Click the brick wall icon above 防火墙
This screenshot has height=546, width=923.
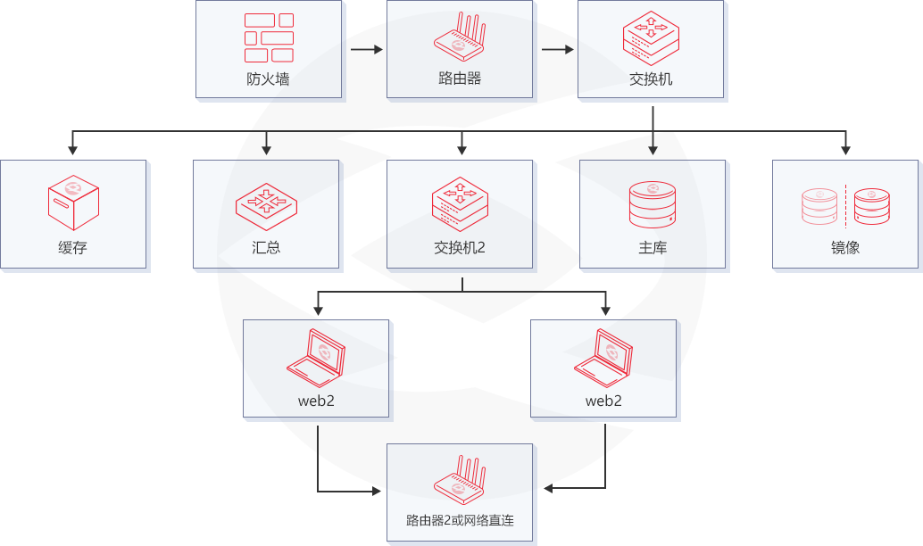[269, 37]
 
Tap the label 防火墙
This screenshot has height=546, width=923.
[268, 79]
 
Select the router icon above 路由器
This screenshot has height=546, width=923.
[461, 36]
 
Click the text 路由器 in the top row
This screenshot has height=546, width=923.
[460, 78]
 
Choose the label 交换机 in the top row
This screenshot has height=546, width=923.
[651, 79]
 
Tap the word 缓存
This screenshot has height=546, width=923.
[72, 247]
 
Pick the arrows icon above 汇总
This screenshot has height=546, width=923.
[266, 202]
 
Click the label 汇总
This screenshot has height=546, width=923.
[266, 247]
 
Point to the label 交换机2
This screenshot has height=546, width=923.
[460, 247]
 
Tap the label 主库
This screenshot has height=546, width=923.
[653, 247]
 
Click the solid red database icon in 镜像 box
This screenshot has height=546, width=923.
[871, 205]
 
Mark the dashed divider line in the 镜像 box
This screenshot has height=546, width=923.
[845, 205]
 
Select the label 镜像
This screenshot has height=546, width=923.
[844, 247]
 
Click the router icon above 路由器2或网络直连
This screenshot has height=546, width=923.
[461, 478]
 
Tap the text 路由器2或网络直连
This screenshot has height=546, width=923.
[460, 520]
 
